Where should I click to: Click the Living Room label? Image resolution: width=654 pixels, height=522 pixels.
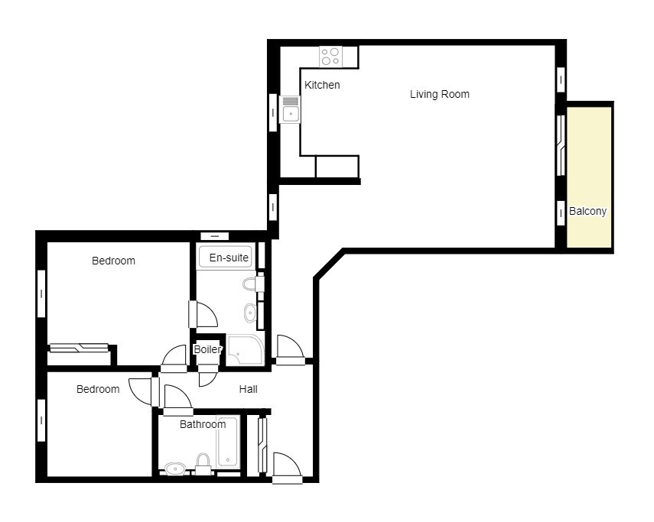[440, 94]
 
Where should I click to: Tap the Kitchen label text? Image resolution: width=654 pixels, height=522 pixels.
[322, 85]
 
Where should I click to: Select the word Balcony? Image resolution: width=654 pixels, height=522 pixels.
[587, 211]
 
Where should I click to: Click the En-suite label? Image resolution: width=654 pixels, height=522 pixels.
[229, 258]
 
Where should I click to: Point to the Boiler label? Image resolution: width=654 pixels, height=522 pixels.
[208, 349]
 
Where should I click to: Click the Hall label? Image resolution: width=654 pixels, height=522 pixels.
[248, 389]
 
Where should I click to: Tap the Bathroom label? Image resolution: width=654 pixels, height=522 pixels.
[203, 424]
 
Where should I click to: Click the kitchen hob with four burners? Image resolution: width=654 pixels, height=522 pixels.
[330, 57]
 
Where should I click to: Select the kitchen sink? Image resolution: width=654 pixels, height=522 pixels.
[291, 109]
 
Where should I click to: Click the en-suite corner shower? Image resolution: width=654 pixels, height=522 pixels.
[245, 349]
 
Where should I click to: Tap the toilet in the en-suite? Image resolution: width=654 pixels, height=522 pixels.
[252, 284]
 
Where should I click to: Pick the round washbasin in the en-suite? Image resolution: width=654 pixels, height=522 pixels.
[251, 313]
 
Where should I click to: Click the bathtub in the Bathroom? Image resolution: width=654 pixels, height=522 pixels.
[228, 442]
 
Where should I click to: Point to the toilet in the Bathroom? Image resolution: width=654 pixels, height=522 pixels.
[203, 463]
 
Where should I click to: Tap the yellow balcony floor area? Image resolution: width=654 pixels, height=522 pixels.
[589, 177]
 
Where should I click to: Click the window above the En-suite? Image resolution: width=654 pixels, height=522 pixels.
[215, 236]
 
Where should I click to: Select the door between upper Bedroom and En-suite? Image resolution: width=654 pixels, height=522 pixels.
[203, 314]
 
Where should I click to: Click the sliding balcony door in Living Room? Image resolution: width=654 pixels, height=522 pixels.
[561, 145]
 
